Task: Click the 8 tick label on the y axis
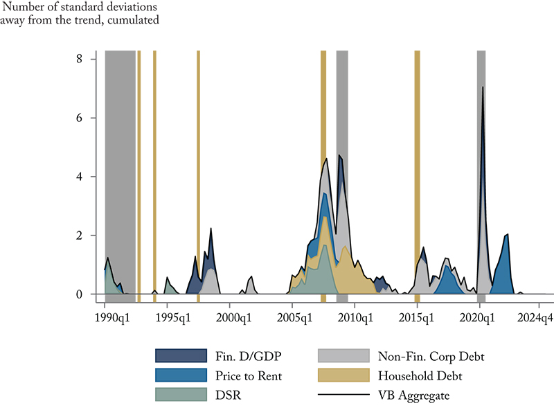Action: pyautogui.click(x=80, y=60)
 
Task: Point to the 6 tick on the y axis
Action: pyautogui.click(x=80, y=118)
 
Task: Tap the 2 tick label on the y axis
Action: pyautogui.click(x=80, y=236)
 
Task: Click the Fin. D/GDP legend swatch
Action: pyautogui.click(x=181, y=355)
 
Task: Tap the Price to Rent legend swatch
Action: pyautogui.click(x=181, y=375)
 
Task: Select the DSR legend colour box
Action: pyautogui.click(x=181, y=394)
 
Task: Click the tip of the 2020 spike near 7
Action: pyautogui.click(x=483, y=87)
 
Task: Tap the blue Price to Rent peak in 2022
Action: pyautogui.click(x=508, y=236)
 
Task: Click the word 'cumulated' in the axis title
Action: pyautogui.click(x=135, y=20)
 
